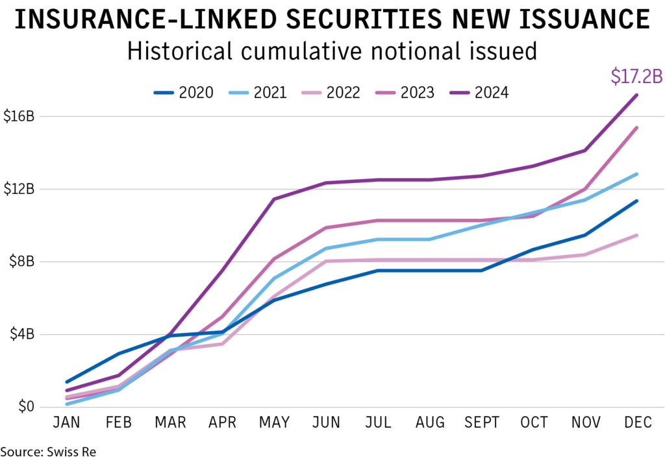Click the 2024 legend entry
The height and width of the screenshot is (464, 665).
click(x=479, y=93)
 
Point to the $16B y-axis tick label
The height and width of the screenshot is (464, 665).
click(x=22, y=117)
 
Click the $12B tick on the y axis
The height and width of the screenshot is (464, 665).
click(x=22, y=189)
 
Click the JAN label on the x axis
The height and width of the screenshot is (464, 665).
click(x=66, y=423)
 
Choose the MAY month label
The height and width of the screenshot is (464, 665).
click(x=273, y=423)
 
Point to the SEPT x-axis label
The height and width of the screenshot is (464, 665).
click(x=481, y=423)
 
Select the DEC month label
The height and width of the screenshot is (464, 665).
click(x=637, y=423)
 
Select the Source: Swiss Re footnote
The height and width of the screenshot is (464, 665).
click(x=48, y=451)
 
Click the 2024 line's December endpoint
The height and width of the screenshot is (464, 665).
click(x=637, y=95)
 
